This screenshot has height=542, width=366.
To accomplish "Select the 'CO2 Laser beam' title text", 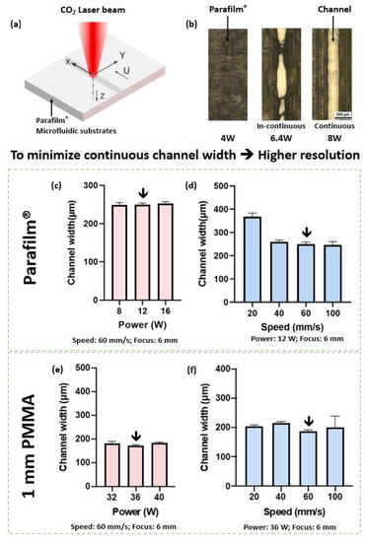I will (85, 9).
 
